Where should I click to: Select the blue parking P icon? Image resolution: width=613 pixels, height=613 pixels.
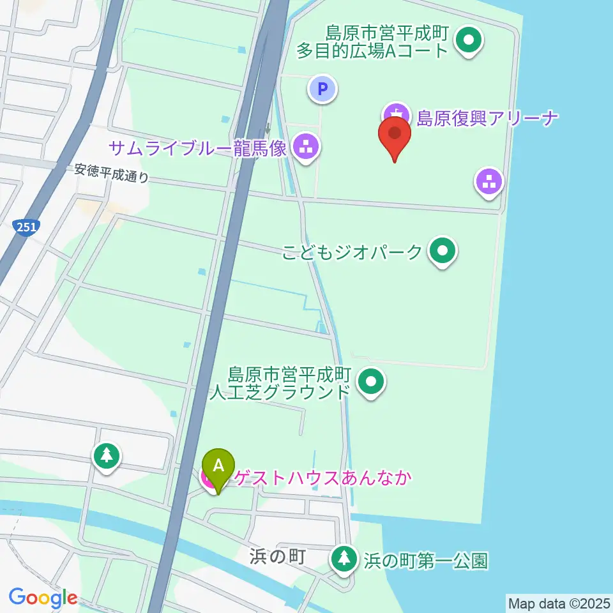322,88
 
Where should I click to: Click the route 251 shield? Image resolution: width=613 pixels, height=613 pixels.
26,225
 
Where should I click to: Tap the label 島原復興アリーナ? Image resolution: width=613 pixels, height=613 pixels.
487,117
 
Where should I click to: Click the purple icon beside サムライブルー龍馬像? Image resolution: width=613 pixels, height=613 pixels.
306,148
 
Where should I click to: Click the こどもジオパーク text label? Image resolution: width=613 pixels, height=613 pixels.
352,252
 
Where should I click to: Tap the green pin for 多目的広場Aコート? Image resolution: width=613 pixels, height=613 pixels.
469,41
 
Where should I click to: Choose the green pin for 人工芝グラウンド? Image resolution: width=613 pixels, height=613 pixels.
371,382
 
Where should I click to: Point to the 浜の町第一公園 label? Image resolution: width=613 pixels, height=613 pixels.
425,561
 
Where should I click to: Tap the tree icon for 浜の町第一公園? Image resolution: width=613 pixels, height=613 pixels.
345,559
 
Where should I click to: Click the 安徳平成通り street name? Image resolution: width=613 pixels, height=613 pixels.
111,173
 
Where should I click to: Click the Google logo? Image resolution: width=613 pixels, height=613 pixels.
43,598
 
